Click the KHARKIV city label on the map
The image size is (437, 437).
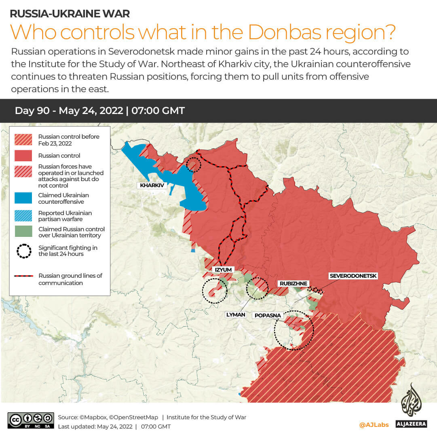[152, 186]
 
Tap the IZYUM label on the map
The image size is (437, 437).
[223, 270]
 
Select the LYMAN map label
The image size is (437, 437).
[236, 315]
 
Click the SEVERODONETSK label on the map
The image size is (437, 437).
[353, 276]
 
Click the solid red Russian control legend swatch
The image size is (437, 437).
[23, 156]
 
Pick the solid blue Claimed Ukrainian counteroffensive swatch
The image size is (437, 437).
[23, 198]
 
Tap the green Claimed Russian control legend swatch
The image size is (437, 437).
[23, 232]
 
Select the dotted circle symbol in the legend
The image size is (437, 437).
[24, 251]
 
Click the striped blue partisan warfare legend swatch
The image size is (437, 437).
[23, 216]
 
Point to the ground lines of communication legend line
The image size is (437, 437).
[24, 276]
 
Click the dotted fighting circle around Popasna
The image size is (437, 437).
[294, 330]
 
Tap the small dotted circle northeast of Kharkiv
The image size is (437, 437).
[194, 165]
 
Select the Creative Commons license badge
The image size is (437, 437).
[31, 420]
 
